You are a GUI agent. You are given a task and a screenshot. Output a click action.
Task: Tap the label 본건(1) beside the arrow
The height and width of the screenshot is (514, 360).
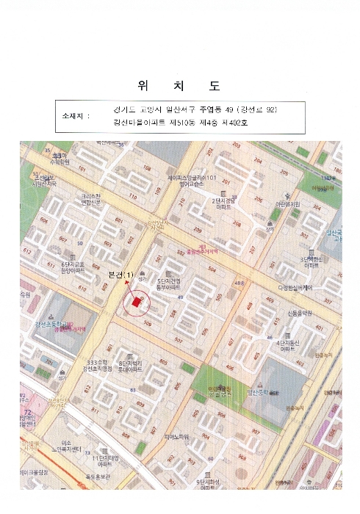122,275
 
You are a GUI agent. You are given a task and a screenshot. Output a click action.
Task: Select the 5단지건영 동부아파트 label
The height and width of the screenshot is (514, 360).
170,283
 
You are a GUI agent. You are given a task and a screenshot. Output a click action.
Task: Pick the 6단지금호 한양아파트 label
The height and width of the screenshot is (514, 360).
73,268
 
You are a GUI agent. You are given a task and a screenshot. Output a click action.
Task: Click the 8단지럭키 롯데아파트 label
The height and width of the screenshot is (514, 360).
132,366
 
